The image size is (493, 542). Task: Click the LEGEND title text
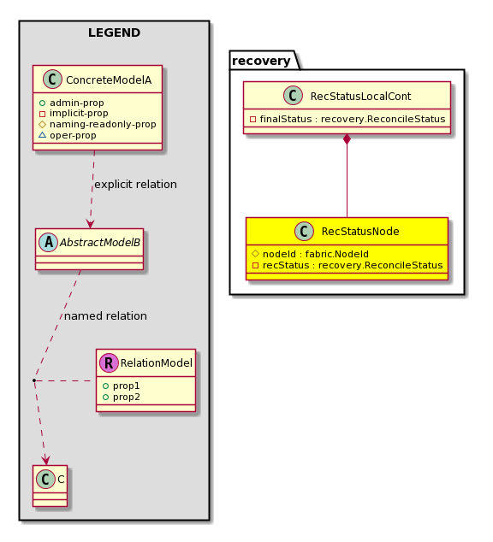114,32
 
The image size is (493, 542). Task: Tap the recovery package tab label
261,61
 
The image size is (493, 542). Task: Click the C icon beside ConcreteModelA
52,80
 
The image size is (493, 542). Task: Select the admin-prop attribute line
72,103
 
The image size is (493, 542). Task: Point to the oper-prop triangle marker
42,135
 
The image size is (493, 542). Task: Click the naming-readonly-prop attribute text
103,124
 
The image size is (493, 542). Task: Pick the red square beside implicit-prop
42,114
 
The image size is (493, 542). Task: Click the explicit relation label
135,185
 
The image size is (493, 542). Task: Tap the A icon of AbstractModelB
49,242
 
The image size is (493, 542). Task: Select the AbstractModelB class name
100,242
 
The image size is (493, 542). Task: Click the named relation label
105,316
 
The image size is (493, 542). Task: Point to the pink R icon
109,363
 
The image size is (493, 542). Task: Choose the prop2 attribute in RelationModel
122,397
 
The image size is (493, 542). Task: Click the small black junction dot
34,380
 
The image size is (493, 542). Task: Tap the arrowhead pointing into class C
46,461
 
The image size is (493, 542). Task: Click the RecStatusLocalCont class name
360,96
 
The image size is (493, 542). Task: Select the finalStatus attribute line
347,119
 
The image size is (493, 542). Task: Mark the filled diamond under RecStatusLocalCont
347,139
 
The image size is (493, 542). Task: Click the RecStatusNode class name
360,232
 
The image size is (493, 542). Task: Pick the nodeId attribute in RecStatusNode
311,254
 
